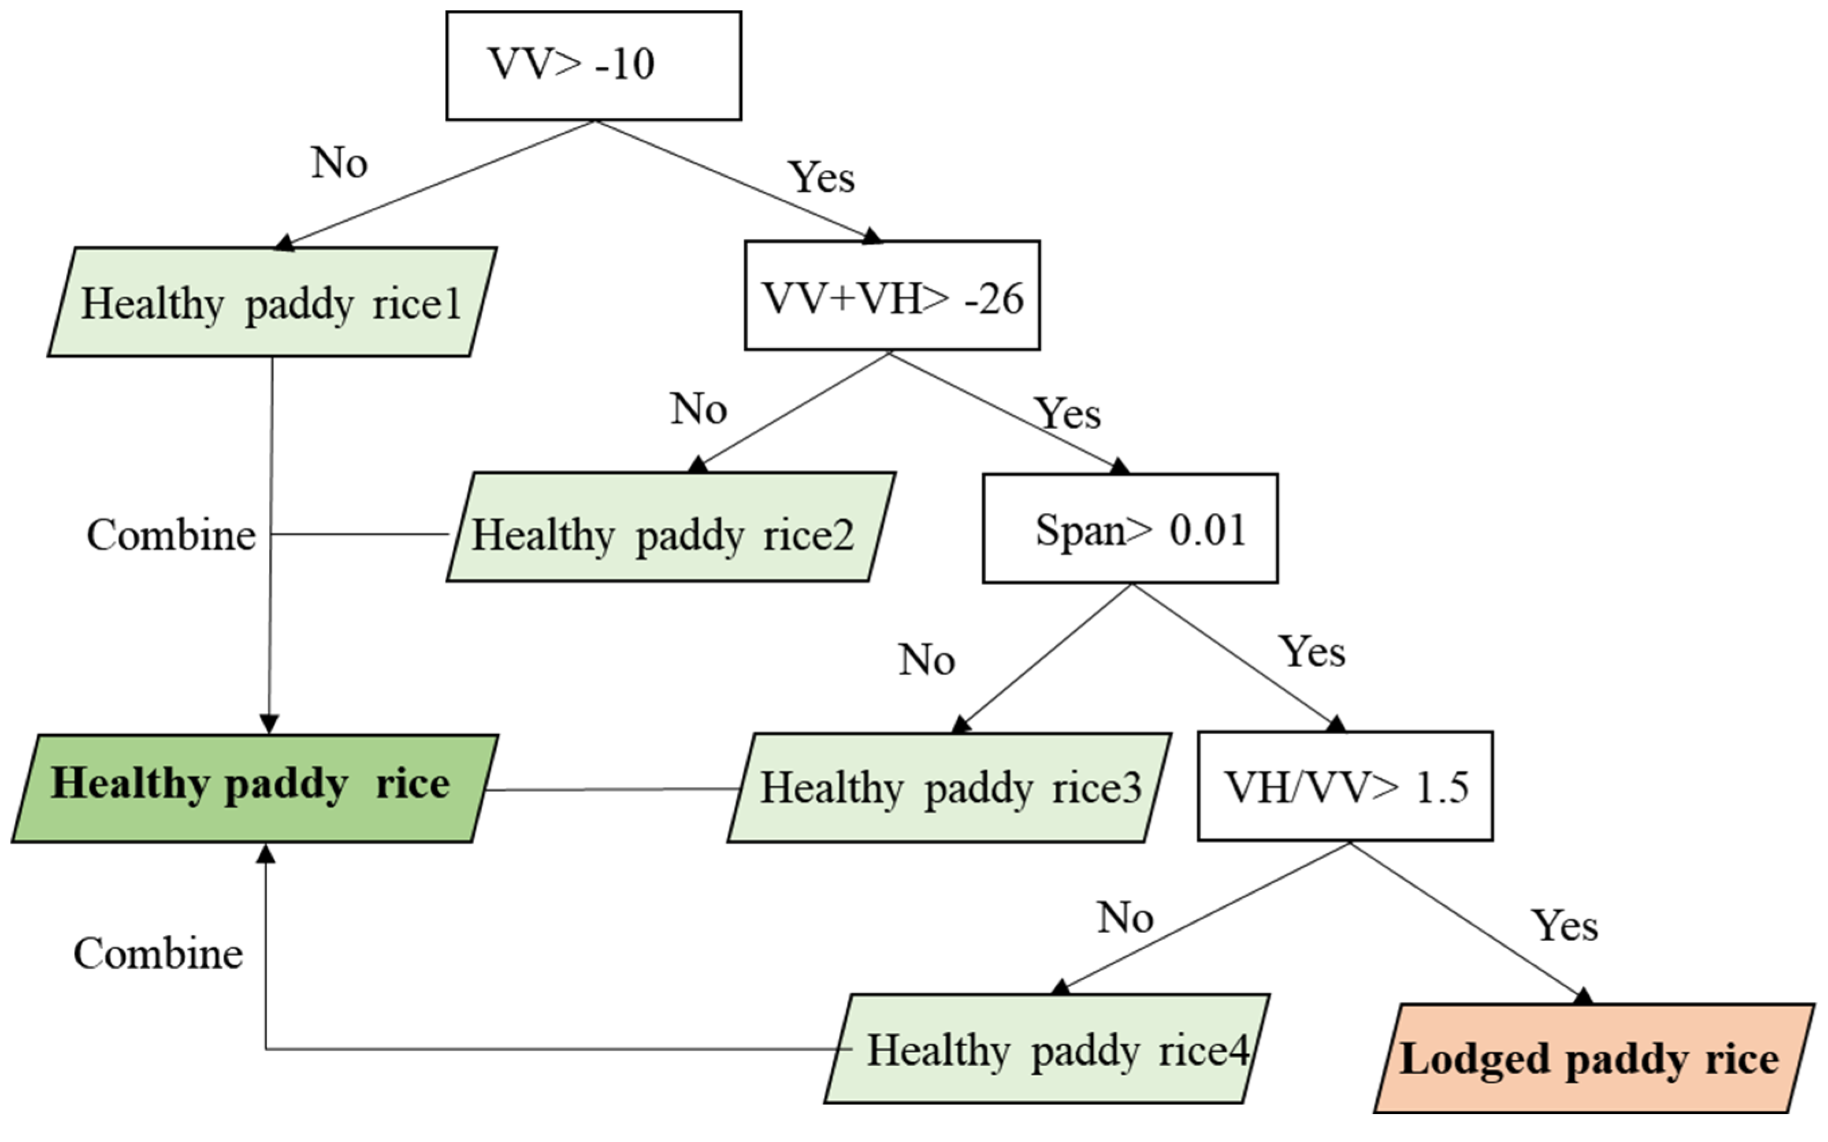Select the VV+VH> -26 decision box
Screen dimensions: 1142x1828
pos(892,296)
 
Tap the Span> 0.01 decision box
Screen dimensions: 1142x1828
pos(1130,529)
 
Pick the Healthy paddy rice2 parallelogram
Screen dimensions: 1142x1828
pos(671,528)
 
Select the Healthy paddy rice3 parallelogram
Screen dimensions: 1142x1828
pos(949,788)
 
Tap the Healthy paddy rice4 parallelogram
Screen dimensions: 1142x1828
pos(1047,1049)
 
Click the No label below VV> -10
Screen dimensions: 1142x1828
pos(339,162)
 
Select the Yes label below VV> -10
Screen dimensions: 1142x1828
pos(821,177)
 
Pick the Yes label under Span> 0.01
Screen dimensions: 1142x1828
pos(1311,652)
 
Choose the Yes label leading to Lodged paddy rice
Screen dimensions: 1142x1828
pos(1565,926)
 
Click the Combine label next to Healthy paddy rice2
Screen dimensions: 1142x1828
pos(172,535)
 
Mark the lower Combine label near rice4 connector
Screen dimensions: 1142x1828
pos(158,954)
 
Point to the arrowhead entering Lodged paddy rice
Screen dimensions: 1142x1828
pos(1583,996)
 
